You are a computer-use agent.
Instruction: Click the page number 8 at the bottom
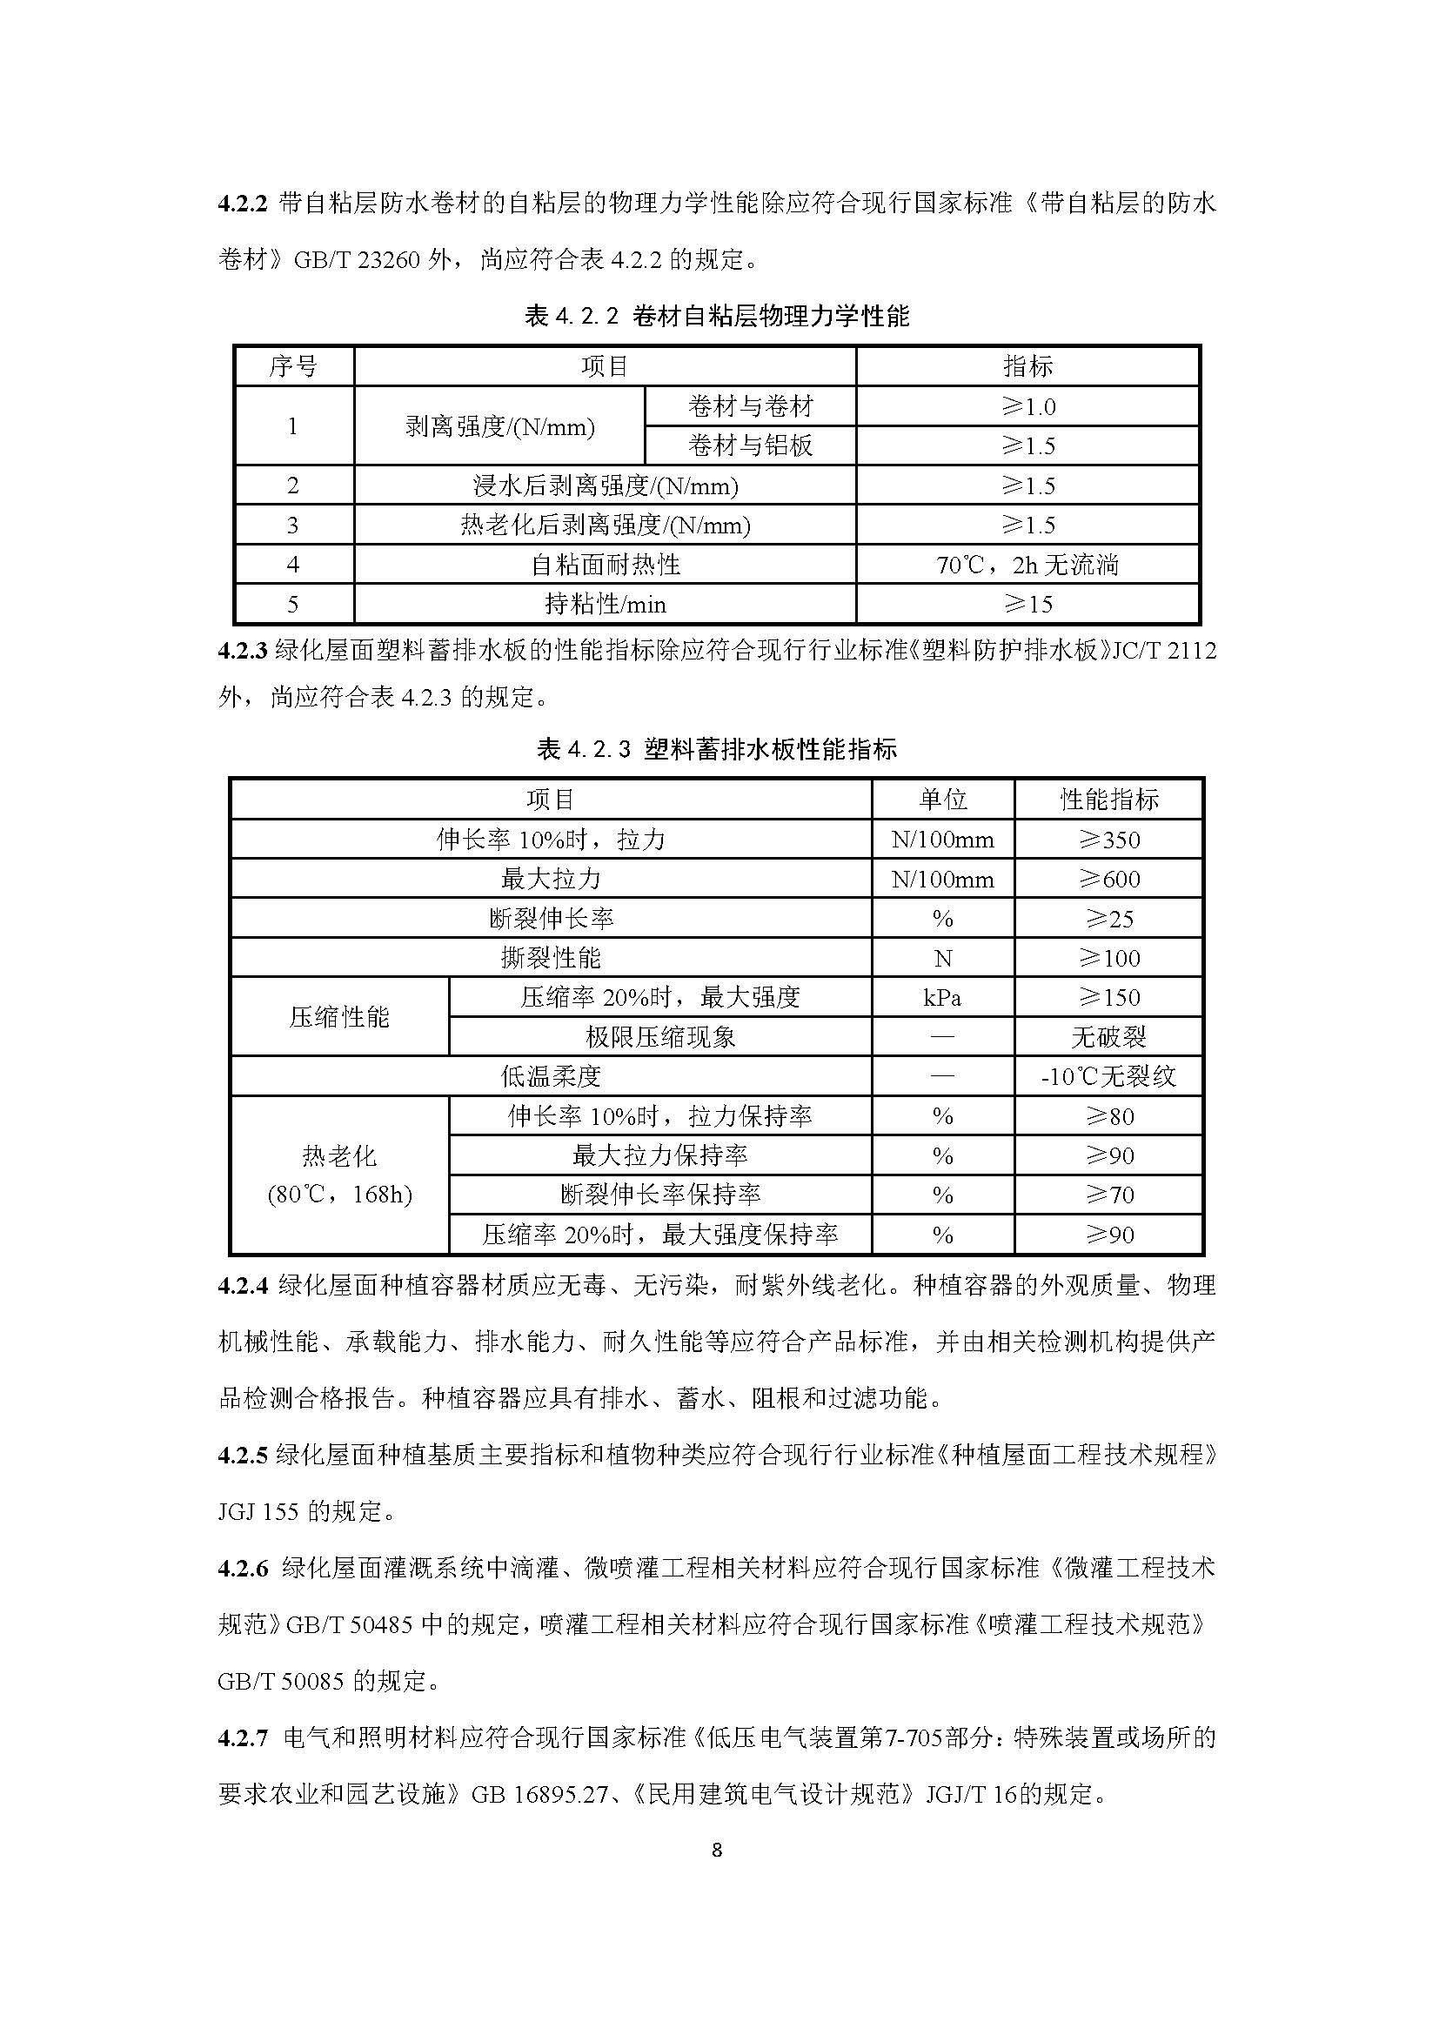click(x=717, y=1850)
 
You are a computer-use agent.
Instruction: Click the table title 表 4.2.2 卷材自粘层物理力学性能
click(x=717, y=316)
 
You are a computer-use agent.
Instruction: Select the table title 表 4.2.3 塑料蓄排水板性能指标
click(x=717, y=750)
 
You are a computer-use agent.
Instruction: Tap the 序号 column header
click(x=293, y=366)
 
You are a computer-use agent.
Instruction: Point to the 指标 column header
click(x=1027, y=366)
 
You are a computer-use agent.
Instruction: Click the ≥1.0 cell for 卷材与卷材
click(x=1027, y=407)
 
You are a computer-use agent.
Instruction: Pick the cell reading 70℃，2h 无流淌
click(x=1027, y=565)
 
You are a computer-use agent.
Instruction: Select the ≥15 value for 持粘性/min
click(x=1027, y=605)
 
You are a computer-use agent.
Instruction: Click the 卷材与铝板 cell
click(x=750, y=445)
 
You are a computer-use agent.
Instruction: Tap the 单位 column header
click(x=943, y=800)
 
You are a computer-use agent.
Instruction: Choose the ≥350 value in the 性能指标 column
click(x=1108, y=840)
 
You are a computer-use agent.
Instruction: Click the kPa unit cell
click(x=943, y=997)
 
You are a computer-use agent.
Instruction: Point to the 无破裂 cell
click(x=1108, y=1037)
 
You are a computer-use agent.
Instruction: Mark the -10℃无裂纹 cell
click(x=1108, y=1077)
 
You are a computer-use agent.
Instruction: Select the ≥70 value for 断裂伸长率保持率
click(x=1108, y=1195)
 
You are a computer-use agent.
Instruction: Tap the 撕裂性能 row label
click(x=550, y=958)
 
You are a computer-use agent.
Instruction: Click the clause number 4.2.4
click(x=242, y=1286)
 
